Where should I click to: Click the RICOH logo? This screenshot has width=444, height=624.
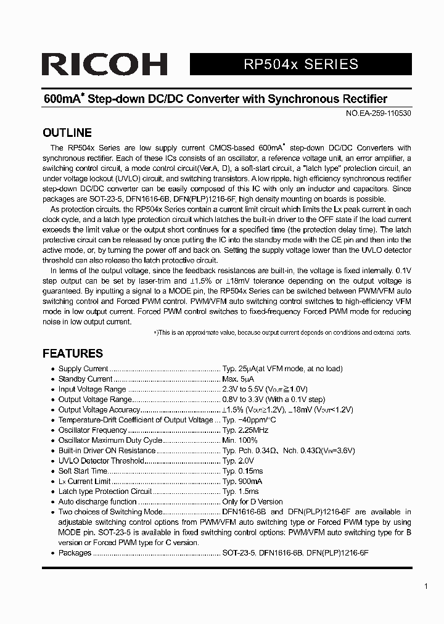[x=104, y=65]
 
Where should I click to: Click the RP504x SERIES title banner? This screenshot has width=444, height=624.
[x=300, y=64]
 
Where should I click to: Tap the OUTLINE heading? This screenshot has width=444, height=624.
[x=67, y=133]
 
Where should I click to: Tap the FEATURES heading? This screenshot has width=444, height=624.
[x=72, y=353]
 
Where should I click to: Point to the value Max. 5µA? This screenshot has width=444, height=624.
[x=238, y=379]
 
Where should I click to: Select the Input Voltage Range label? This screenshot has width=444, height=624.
[x=92, y=389]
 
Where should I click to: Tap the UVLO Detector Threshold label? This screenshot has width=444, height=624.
[x=101, y=461]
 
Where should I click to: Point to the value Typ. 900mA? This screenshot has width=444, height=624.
[x=242, y=481]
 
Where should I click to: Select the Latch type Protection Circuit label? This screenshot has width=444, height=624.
[x=105, y=491]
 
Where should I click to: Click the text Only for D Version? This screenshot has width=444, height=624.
[x=252, y=502]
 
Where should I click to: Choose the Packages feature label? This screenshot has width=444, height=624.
[x=75, y=553]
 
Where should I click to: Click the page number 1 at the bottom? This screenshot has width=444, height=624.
[x=426, y=586]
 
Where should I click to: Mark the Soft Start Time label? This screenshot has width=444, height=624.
[x=83, y=471]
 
